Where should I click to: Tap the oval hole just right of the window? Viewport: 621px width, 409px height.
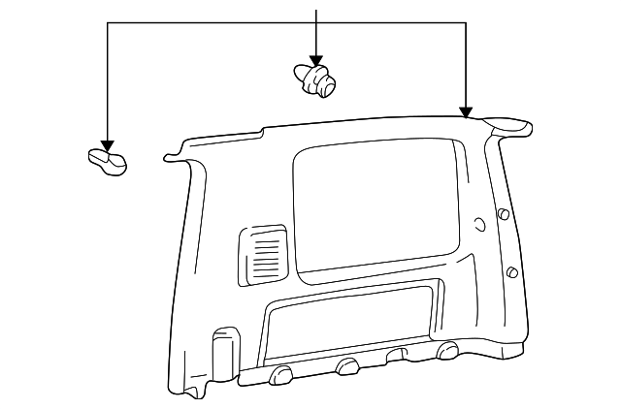coord(479,225)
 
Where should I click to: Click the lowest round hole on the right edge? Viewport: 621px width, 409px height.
coord(510,272)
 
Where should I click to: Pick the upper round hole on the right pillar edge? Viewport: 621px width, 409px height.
coord(503,215)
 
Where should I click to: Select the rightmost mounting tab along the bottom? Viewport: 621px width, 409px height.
coord(448,349)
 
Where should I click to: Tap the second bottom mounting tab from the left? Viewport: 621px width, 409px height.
coord(346,365)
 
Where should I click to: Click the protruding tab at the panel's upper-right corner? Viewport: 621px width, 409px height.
coord(509,124)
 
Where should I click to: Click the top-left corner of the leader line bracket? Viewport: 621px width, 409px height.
coord(107,23)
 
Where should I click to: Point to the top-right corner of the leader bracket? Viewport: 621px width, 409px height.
coord(467,23)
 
